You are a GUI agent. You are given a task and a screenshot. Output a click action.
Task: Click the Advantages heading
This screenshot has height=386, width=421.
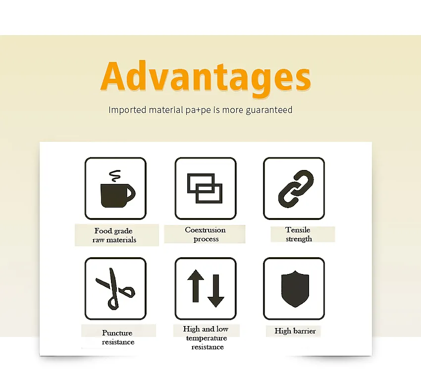205,77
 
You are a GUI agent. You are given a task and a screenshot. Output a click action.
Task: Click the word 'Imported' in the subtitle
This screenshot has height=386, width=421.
127,110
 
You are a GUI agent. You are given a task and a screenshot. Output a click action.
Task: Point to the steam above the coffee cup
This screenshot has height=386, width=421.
114,176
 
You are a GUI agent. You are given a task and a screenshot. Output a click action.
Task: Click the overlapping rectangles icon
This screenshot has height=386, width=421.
205,188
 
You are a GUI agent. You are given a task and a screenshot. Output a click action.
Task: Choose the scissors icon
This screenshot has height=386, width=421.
114,289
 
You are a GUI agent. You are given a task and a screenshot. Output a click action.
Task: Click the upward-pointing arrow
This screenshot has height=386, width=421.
196,288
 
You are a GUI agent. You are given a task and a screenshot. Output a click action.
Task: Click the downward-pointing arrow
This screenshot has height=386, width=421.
216,288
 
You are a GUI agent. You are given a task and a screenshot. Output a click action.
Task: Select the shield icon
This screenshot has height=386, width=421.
295,289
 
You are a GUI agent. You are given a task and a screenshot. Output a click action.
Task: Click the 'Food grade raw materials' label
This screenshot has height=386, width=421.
114,235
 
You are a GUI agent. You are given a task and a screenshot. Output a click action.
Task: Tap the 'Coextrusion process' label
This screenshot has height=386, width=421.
206,234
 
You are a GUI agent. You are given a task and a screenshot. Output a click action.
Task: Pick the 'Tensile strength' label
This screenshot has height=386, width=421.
298,234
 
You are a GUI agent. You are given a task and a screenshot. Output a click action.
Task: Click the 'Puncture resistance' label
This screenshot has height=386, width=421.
117,337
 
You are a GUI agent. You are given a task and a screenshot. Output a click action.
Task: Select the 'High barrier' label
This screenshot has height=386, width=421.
295,331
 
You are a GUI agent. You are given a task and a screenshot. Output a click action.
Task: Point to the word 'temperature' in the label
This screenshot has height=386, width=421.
207,338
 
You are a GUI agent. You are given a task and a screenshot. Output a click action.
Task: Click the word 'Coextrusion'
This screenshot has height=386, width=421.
206,230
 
